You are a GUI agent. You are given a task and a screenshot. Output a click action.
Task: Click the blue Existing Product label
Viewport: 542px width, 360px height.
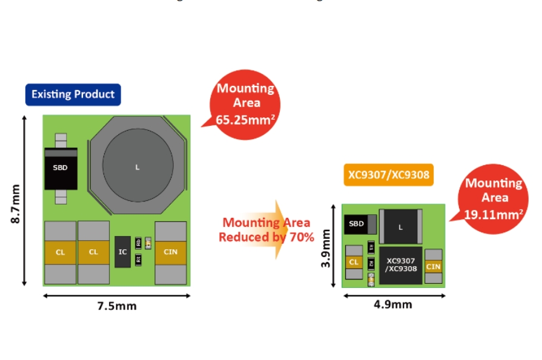pos(73,94)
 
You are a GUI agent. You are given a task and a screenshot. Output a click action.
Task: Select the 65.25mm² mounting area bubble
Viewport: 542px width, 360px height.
pos(245,104)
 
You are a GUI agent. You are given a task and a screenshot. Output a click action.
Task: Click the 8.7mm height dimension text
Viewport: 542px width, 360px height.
pos(16,200)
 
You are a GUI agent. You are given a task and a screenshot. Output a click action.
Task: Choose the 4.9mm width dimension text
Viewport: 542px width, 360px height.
pos(394,304)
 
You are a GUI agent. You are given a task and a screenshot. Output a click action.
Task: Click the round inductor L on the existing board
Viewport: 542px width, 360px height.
pos(137,166)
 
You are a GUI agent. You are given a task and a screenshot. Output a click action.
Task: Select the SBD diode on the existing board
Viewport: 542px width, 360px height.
pos(60,168)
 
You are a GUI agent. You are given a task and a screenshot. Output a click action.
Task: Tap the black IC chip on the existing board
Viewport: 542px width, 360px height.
pos(123,251)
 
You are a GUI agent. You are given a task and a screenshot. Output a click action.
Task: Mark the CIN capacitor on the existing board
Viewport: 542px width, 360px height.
pos(170,252)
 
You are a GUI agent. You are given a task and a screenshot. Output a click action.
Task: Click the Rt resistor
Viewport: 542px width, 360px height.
pos(138,259)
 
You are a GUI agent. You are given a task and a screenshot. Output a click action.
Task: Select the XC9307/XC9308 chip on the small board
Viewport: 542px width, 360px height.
pos(402,265)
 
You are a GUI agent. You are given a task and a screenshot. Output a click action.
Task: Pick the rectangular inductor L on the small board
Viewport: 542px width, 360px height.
pos(400,227)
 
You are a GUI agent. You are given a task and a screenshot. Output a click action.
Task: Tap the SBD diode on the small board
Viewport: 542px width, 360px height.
pos(357,224)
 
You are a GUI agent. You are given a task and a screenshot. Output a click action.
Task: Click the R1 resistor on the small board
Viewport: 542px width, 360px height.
pos(371,247)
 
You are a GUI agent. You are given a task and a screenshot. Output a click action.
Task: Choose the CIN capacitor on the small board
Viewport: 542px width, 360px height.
pos(434,266)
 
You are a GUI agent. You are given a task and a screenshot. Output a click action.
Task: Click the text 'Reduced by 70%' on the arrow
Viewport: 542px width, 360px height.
pos(266,237)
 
